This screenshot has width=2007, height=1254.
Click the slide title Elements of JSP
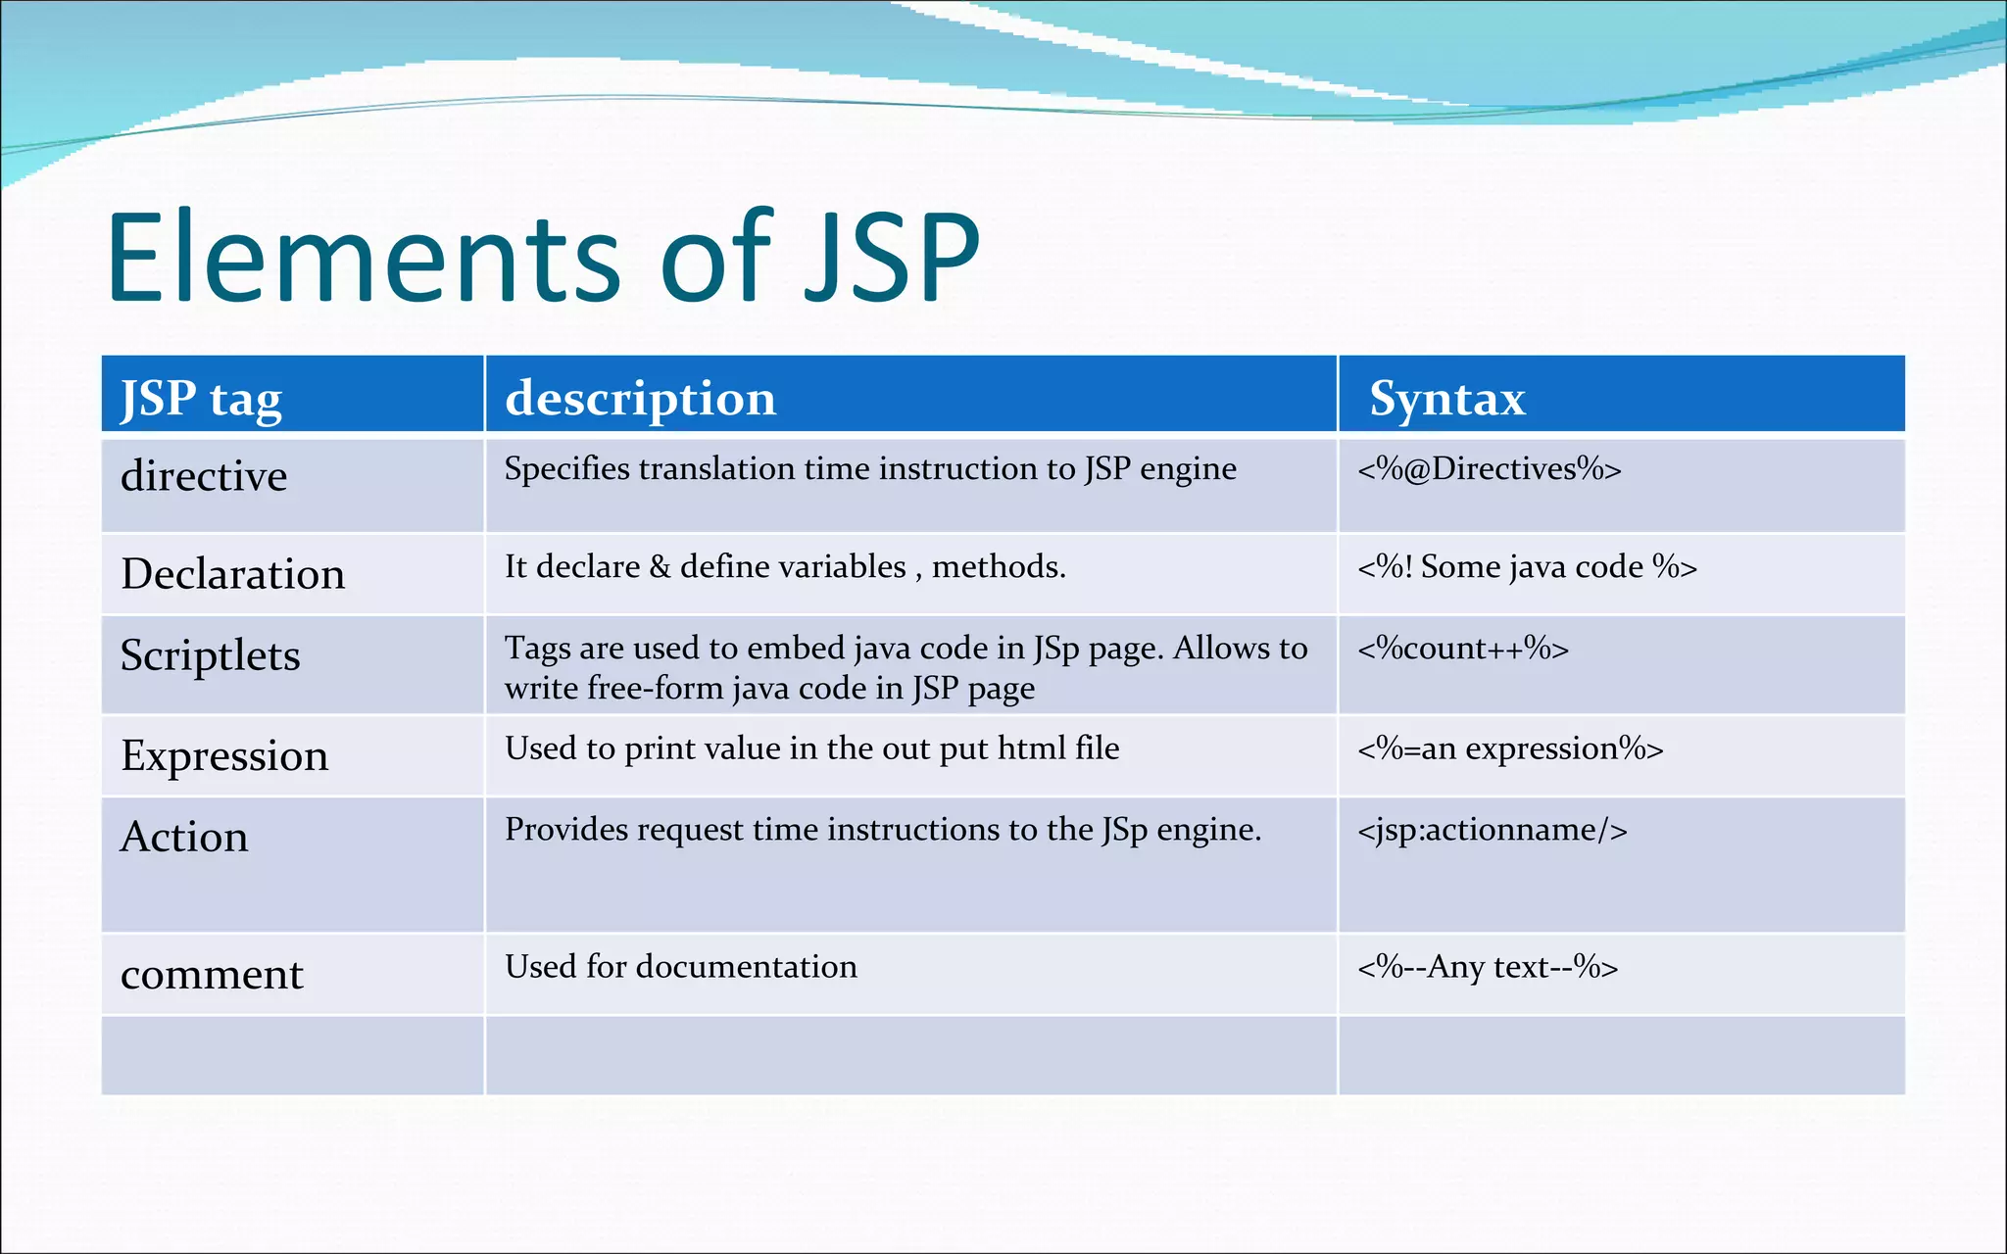pos(543,258)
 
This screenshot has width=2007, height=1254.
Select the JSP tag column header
pos(201,399)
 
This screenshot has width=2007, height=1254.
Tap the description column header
pos(640,399)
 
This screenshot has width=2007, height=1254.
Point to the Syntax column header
pos(1446,399)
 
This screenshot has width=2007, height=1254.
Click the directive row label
pos(204,476)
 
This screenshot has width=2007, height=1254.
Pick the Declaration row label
pos(232,574)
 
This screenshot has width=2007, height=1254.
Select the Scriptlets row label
pos(210,655)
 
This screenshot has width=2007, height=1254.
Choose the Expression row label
pos(224,756)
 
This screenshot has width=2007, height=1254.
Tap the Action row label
pos(184,838)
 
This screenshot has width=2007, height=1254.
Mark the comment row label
pos(212,975)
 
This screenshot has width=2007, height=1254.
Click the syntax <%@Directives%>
pos(1489,469)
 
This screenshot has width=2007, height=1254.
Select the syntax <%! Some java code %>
pos(1527,567)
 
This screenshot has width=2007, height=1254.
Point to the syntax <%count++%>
pos(1463,649)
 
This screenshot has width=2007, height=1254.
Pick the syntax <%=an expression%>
pos(1510,749)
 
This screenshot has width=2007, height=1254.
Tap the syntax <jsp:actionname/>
pos(1492,831)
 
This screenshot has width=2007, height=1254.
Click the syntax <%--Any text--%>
pos(1488,967)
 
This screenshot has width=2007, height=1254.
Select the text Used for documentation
pos(681,967)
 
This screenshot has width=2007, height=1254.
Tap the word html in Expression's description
pos(1031,749)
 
